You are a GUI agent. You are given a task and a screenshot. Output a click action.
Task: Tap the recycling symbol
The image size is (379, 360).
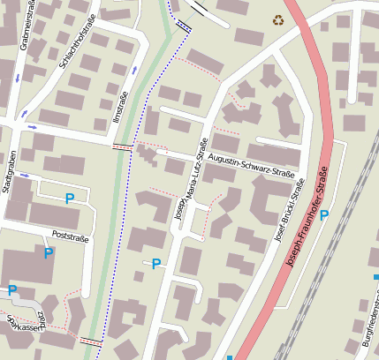(280, 19)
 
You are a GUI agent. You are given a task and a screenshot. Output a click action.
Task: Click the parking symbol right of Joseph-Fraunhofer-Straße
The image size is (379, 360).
(324, 214)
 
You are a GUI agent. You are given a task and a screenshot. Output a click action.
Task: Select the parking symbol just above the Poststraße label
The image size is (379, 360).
(69, 199)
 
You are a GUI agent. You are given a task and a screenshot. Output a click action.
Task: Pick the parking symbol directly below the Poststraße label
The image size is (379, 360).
(49, 253)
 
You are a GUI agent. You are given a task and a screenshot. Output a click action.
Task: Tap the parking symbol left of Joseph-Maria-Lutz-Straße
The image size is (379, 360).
(156, 263)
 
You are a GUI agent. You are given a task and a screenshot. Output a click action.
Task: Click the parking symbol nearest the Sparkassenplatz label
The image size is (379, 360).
(12, 289)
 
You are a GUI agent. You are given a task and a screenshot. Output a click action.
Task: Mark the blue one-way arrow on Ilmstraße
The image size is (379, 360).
(134, 69)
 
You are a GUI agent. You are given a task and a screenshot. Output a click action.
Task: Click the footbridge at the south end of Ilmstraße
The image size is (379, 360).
(90, 340)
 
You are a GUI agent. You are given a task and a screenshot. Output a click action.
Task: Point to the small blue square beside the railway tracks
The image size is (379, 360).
(375, 276)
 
